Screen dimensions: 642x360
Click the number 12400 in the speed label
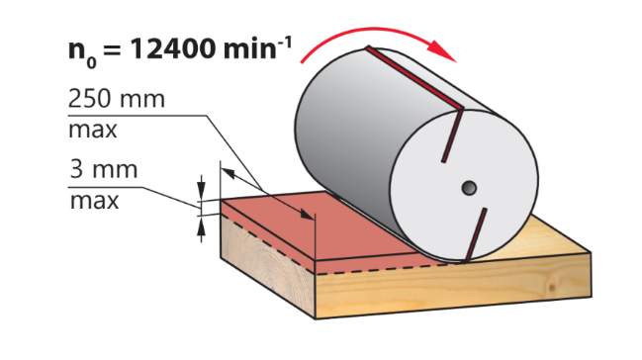[x=173, y=48]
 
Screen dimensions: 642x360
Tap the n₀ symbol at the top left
[x=82, y=53]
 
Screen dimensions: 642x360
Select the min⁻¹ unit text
[x=257, y=47]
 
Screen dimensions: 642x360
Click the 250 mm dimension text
[x=117, y=98]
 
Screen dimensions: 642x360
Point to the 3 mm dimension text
[x=104, y=169]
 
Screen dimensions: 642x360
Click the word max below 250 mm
[x=93, y=131]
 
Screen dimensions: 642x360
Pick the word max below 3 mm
[x=94, y=201]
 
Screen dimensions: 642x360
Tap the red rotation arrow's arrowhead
[x=441, y=50]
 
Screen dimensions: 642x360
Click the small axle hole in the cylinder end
[x=469, y=188]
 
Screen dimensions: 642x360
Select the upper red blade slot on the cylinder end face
[x=452, y=135]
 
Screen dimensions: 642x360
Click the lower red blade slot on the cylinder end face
[x=476, y=234]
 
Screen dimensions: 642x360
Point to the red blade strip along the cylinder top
[x=414, y=78]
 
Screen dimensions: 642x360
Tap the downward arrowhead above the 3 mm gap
[x=201, y=188]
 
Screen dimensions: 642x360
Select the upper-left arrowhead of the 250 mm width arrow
[x=229, y=173]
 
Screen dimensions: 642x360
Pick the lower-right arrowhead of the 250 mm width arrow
[x=307, y=215]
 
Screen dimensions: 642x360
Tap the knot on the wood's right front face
[x=553, y=288]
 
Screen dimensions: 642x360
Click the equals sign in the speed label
[x=112, y=50]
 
